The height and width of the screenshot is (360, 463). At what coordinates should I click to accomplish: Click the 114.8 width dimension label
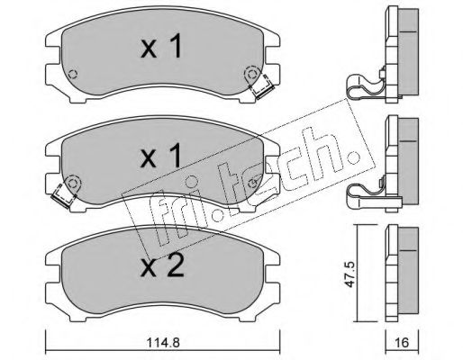[163, 342]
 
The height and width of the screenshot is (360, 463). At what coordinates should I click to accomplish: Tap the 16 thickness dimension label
[402, 342]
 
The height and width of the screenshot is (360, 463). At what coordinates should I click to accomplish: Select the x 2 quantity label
[162, 267]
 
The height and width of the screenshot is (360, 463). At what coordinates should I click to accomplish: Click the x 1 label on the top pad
[161, 46]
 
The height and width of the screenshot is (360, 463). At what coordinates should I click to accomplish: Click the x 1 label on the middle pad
[161, 156]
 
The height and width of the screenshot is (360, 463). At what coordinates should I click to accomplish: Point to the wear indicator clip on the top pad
[263, 86]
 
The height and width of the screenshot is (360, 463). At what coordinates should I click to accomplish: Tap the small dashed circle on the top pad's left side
[73, 74]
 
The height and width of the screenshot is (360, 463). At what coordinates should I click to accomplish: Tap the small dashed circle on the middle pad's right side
[253, 182]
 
